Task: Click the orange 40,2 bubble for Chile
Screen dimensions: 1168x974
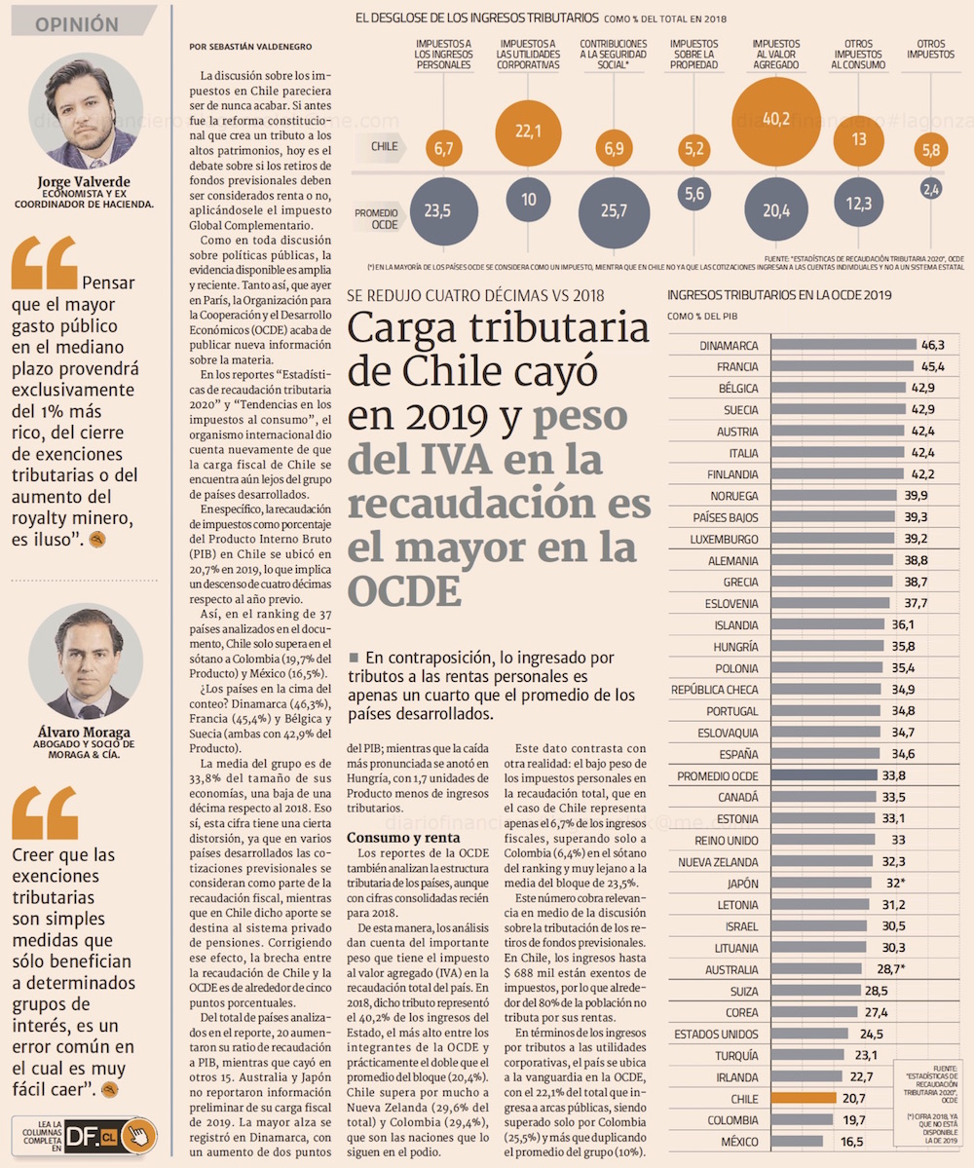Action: coord(776,121)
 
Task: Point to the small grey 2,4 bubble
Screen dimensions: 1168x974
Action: coord(931,189)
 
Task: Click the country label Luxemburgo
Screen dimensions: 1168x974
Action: coord(724,539)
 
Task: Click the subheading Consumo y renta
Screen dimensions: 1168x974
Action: coord(389,838)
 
